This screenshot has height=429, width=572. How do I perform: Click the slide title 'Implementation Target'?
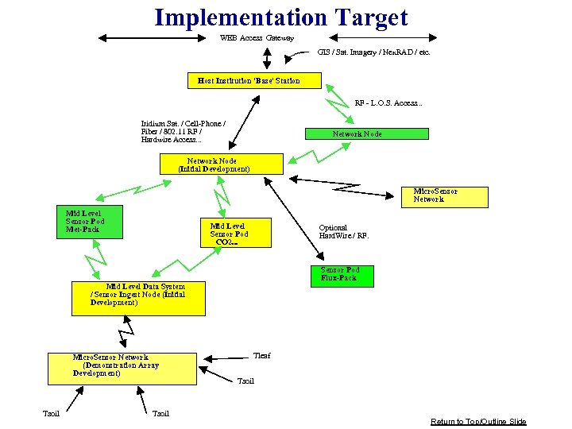click(280, 17)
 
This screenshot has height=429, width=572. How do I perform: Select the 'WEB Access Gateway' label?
click(257, 38)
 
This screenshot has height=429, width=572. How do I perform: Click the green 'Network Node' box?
click(367, 134)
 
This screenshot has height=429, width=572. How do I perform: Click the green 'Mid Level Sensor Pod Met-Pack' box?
click(94, 222)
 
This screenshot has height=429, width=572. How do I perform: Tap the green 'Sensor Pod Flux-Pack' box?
click(341, 275)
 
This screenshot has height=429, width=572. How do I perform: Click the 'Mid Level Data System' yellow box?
click(137, 298)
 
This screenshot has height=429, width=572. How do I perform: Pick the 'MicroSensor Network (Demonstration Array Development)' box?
click(122, 369)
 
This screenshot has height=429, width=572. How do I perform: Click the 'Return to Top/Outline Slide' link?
click(478, 421)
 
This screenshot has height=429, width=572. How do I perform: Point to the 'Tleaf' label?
click(261, 355)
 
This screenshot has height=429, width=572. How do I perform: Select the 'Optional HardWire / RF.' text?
click(344, 232)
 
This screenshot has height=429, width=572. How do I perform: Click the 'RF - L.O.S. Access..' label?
click(388, 103)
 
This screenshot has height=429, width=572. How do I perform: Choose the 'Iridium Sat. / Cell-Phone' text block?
click(183, 132)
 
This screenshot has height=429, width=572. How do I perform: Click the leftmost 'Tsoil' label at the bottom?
click(51, 413)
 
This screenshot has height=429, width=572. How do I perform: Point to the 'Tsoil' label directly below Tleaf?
click(245, 381)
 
